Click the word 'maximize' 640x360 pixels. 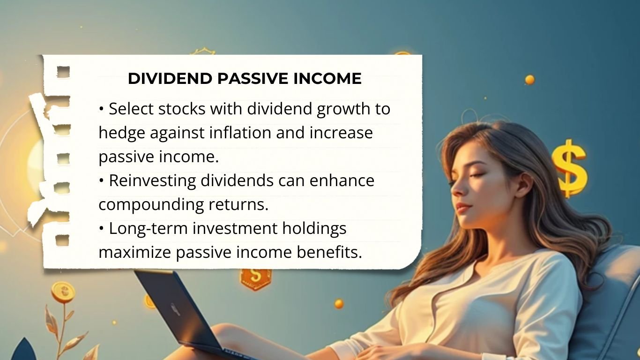[x=134, y=253]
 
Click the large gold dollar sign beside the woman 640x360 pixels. [x=569, y=168]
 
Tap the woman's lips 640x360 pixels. [x=461, y=207]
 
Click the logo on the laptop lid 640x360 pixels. [x=176, y=309]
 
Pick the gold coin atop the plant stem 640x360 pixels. [x=63, y=292]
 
